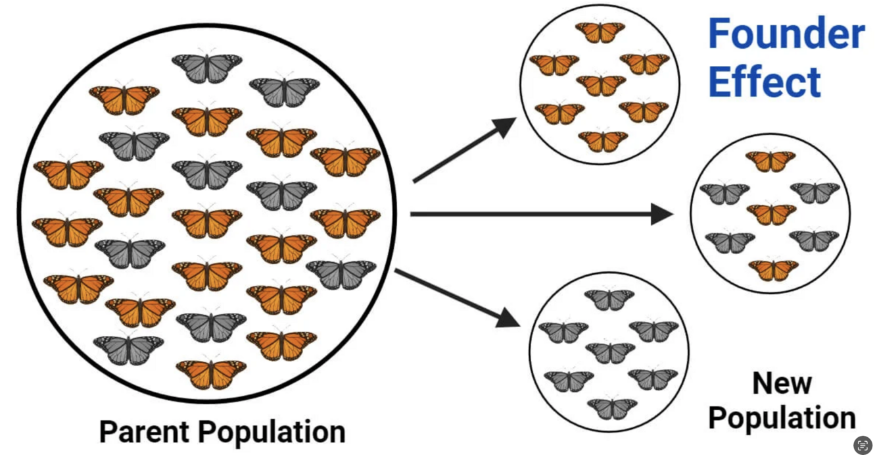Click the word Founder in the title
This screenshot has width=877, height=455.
786,34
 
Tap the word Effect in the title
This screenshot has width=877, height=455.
765,82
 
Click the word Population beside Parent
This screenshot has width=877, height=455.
272,433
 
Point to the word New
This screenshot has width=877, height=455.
782,383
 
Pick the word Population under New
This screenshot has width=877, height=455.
782,417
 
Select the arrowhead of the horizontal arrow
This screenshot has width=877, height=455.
661,214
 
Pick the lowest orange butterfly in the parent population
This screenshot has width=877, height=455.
211,373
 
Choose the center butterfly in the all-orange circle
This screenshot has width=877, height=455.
601,85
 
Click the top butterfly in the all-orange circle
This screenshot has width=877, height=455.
600,32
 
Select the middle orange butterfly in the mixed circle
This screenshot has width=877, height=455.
771,214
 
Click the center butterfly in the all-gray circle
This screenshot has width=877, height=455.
610,352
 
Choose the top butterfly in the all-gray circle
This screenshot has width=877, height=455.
609,299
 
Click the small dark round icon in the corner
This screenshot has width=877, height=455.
863,445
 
